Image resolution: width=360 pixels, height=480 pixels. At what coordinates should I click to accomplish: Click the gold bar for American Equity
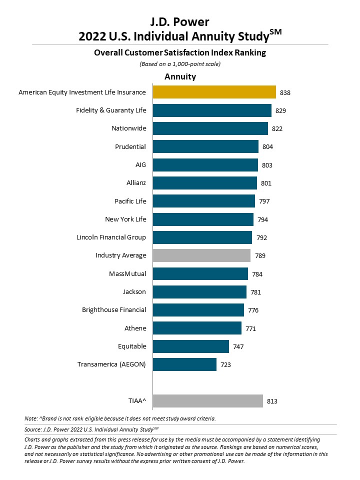click(x=214, y=92)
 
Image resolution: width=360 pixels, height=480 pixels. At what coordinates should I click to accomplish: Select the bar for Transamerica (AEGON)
click(x=184, y=364)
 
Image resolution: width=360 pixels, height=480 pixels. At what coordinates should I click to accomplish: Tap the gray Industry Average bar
click(x=201, y=255)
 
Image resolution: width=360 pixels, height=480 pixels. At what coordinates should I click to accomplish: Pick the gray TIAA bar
click(x=208, y=401)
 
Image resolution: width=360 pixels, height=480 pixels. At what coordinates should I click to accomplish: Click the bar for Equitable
click(x=191, y=346)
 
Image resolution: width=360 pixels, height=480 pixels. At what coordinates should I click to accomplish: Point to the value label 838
click(x=285, y=93)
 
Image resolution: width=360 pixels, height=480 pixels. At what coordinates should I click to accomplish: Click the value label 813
click(x=272, y=401)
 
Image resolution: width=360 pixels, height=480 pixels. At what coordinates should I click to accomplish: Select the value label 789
click(x=260, y=256)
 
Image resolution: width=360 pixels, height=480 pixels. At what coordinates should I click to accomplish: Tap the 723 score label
click(x=225, y=365)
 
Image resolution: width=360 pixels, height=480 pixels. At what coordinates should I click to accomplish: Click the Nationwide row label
click(x=129, y=128)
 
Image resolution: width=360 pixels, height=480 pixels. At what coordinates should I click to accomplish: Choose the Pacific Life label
click(x=130, y=201)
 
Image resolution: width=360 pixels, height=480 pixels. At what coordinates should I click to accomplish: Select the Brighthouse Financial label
click(x=114, y=310)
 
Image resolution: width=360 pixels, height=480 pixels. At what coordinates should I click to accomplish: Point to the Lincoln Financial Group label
click(x=111, y=237)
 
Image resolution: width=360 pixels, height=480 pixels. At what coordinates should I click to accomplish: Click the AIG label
click(x=141, y=164)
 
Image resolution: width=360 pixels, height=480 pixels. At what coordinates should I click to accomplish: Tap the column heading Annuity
click(x=180, y=76)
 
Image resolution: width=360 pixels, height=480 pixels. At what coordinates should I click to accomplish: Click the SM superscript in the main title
click(x=275, y=32)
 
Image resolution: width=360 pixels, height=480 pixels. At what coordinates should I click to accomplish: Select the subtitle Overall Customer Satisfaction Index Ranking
click(x=180, y=52)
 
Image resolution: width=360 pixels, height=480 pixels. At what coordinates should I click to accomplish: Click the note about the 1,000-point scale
click(x=180, y=64)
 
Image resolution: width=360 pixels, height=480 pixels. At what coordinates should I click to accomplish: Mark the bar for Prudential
click(x=205, y=146)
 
